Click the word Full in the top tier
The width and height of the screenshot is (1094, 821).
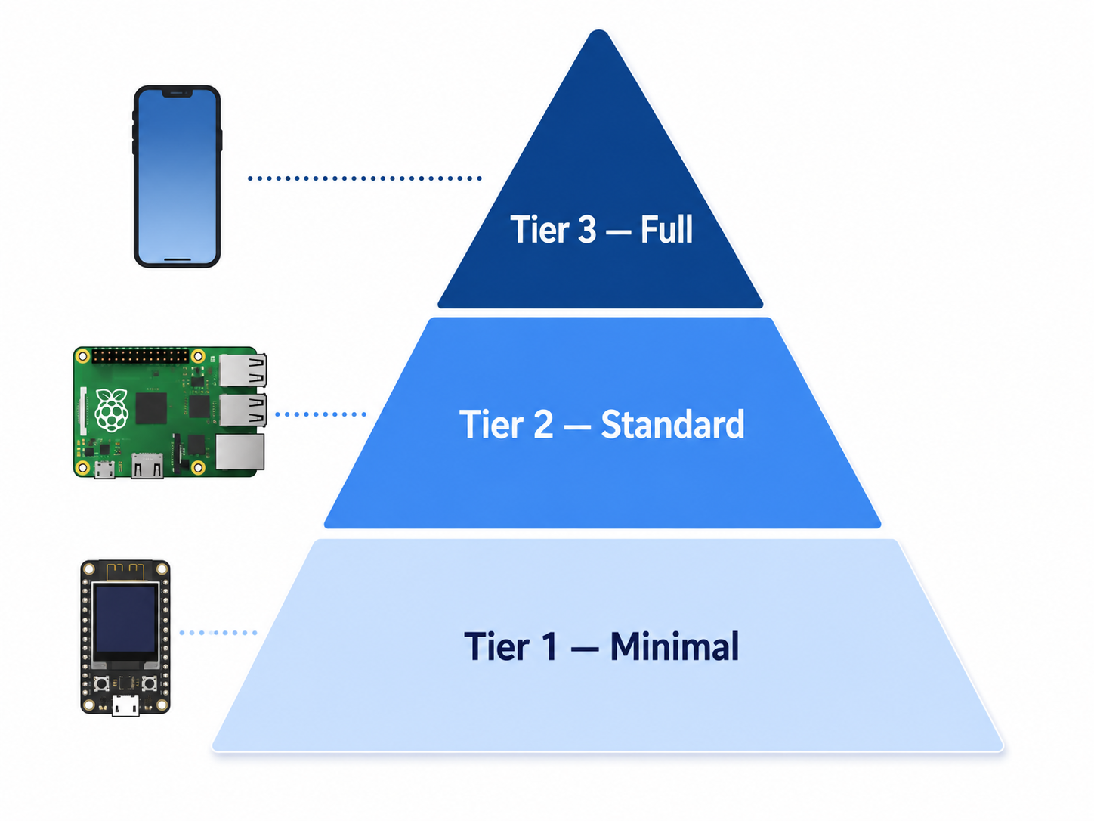[x=666, y=230]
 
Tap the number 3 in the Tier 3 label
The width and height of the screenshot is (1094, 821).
[x=586, y=230]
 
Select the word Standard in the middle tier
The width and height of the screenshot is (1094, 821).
[x=672, y=424]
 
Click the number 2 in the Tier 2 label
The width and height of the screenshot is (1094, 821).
[x=543, y=425]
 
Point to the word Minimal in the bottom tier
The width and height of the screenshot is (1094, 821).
[x=675, y=646]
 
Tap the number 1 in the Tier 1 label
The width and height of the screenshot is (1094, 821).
[x=549, y=646]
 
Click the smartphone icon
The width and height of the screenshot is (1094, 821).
[x=178, y=176]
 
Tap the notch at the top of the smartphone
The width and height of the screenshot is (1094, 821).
[x=178, y=93]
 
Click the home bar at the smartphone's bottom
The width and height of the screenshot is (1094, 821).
[x=178, y=259]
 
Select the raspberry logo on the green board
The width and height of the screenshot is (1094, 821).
[x=112, y=410]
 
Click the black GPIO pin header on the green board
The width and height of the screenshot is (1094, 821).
[x=141, y=356]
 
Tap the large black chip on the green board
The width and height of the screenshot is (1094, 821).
[x=151, y=409]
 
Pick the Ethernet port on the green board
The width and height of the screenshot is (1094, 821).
[x=240, y=451]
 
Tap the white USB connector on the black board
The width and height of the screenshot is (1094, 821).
[x=125, y=705]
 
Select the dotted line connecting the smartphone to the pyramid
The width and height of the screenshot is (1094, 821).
[x=365, y=178]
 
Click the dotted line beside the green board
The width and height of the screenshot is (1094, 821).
[x=320, y=414]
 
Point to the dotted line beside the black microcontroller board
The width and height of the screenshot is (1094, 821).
[x=218, y=633]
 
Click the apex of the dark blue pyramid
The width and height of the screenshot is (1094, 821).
[x=599, y=31]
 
